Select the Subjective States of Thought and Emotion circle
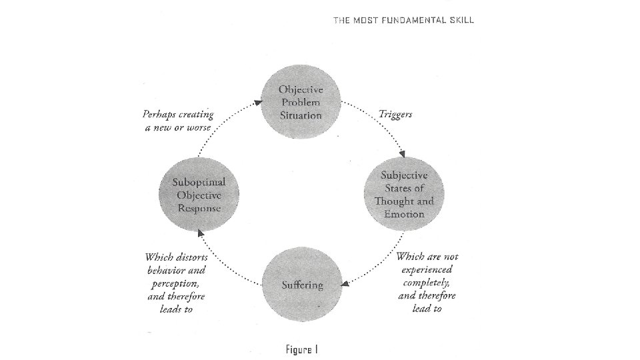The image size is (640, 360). pyautogui.click(x=404, y=194)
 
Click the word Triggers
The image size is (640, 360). pyautogui.click(x=395, y=114)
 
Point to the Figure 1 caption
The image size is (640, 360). pyautogui.click(x=303, y=349)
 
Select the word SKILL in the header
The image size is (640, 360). pyautogui.click(x=461, y=20)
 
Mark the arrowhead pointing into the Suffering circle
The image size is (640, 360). pyautogui.click(x=345, y=284)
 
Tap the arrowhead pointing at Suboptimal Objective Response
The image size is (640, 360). pyautogui.click(x=199, y=232)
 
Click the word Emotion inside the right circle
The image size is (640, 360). pyautogui.click(x=404, y=214)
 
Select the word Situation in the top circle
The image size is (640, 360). pyautogui.click(x=301, y=115)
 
